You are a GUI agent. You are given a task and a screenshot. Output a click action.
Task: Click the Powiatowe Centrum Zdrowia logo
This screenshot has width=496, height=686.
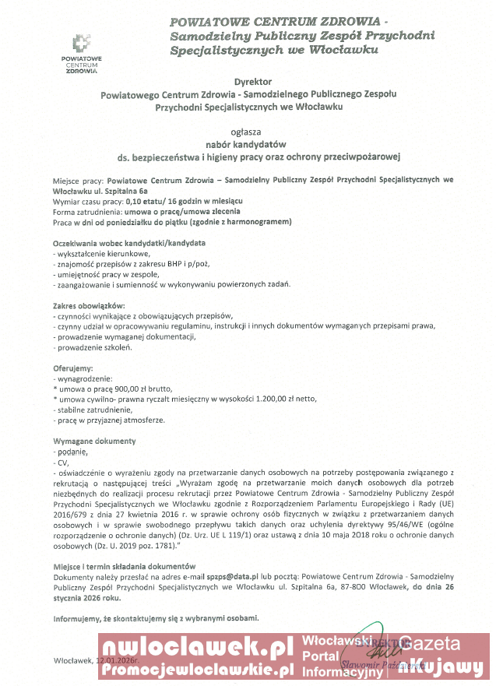pyautogui.click(x=82, y=54)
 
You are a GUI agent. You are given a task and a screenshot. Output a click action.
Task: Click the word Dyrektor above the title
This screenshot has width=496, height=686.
pyautogui.click(x=248, y=81)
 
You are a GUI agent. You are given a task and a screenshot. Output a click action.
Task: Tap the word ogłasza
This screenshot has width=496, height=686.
pyautogui.click(x=247, y=131)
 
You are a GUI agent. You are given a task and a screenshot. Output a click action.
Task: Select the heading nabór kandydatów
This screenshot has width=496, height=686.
pyautogui.click(x=247, y=144)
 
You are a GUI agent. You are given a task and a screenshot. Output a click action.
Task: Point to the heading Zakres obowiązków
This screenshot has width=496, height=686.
pyautogui.click(x=88, y=305)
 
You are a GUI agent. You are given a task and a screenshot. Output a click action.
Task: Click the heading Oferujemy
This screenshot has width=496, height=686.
pyautogui.click(x=72, y=368)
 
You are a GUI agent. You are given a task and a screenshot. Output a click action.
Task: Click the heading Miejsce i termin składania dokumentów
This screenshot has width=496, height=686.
pyautogui.click(x=124, y=565)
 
